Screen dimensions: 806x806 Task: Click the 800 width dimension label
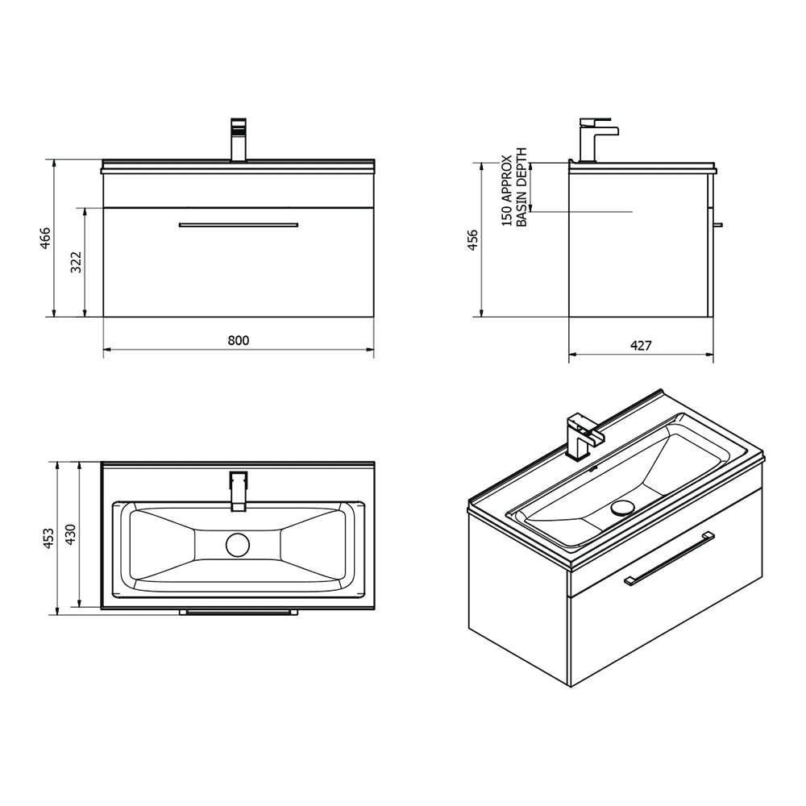(x=238, y=340)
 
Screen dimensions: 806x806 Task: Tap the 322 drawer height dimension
(x=77, y=262)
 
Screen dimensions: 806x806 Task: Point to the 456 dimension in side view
(x=473, y=239)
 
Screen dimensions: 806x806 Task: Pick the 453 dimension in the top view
(x=48, y=538)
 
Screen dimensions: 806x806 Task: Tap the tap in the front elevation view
(x=239, y=140)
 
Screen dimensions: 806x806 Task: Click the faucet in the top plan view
(x=239, y=491)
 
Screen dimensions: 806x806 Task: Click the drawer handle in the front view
(x=239, y=225)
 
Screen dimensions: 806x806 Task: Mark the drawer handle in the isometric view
(x=670, y=558)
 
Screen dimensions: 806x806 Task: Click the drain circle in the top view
(x=239, y=545)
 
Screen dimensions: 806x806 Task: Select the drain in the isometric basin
(x=624, y=507)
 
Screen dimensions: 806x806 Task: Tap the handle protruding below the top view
(x=239, y=612)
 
